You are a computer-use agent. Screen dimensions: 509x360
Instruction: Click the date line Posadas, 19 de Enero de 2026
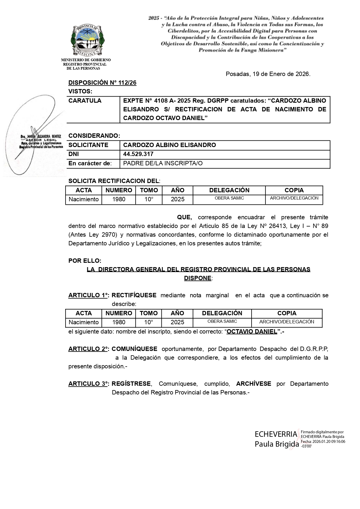268,74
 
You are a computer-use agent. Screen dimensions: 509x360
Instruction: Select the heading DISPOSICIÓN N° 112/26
102,83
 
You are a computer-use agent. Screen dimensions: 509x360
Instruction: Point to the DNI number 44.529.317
138,154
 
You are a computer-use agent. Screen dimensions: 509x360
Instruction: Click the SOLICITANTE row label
88,145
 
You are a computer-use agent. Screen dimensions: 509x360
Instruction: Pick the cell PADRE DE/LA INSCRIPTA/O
163,163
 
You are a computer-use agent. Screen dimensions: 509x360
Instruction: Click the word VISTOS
80,91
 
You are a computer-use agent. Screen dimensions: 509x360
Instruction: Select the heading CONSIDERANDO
94,136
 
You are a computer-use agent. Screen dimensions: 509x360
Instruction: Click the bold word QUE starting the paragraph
184,217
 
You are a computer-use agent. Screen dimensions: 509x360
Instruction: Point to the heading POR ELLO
85,261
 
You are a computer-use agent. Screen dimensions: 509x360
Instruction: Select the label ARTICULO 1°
88,295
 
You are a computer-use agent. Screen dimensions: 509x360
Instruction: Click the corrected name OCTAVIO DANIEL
252,332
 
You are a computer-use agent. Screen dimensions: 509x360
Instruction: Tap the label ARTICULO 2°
88,349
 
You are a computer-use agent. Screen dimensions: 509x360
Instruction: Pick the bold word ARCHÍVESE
254,384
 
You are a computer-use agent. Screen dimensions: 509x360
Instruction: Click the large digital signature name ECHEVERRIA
276,434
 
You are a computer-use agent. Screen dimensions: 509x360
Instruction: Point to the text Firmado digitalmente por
322,432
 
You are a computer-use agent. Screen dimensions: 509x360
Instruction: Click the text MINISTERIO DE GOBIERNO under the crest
86,60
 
